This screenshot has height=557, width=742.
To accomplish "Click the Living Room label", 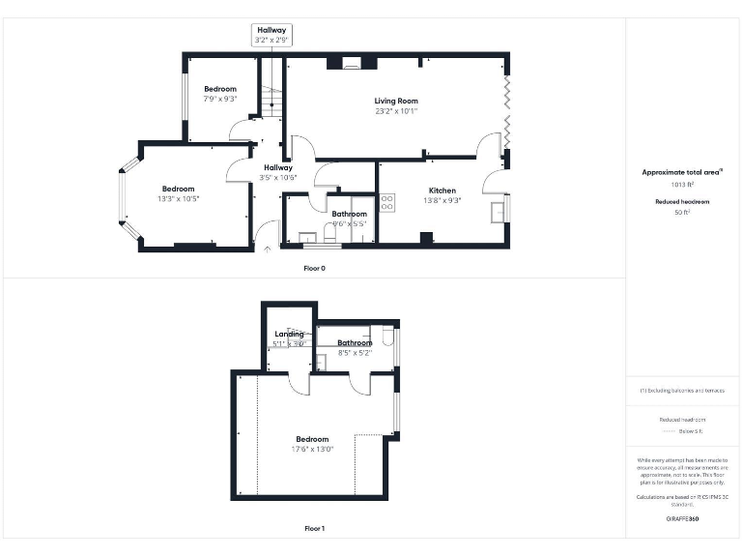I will click(396, 101).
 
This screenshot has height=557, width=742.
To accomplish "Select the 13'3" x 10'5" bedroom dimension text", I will click(178, 199).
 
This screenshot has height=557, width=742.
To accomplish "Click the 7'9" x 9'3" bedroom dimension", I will click(219, 99).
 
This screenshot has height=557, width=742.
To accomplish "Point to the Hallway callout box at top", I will click(271, 36).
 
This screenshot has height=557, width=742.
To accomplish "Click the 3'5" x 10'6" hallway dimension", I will click(278, 178).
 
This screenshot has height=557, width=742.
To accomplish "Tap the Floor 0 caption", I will click(314, 268).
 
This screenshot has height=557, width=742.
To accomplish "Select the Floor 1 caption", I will click(314, 529).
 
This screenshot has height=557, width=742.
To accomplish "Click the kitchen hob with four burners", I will click(386, 203).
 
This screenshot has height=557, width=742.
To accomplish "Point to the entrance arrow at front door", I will click(268, 249).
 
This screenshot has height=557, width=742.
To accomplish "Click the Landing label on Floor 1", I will click(289, 335).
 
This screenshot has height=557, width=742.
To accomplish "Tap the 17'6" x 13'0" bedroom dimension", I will click(312, 449).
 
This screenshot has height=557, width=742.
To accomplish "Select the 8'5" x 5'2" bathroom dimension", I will click(355, 353).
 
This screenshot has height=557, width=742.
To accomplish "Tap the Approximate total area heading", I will click(682, 172).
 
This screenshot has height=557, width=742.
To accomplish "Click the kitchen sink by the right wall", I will click(499, 210).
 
